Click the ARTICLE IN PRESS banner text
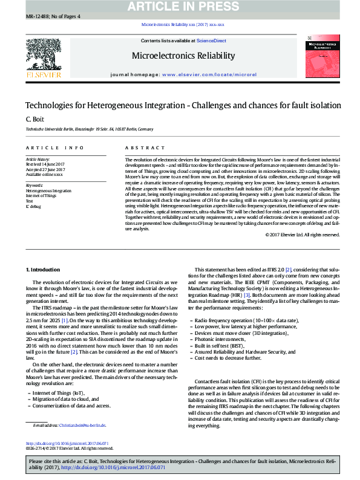click(x=180, y=7)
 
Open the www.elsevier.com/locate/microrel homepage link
click(x=209, y=74)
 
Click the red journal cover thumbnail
click(x=321, y=57)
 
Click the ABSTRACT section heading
click(x=145, y=148)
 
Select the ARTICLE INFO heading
click(x=55, y=148)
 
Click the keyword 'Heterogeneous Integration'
click(x=48, y=191)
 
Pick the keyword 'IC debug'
click(x=34, y=206)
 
